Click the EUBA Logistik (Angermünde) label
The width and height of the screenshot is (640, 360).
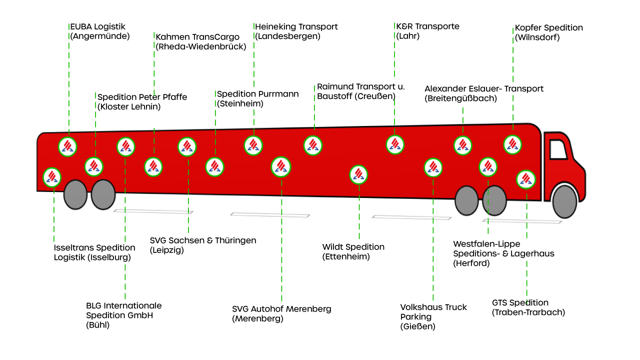pos(98,31)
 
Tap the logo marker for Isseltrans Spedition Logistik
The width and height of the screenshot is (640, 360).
pos(52,176)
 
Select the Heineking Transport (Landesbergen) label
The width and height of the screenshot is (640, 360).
pos(296,31)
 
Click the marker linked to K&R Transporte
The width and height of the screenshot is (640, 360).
pos(395,144)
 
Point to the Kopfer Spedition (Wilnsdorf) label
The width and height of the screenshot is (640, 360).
pos(548,32)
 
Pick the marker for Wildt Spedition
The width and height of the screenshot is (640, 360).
pos(358,174)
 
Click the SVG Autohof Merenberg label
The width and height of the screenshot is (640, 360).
pos(281,313)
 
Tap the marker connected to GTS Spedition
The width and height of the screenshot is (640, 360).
pos(525,179)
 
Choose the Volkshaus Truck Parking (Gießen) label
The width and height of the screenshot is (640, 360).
pos(433,316)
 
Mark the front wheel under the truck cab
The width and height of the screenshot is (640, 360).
pos(565,201)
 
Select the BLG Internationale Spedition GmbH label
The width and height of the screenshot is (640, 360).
pos(123,315)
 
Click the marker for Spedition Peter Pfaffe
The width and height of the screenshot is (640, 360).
pos(94,166)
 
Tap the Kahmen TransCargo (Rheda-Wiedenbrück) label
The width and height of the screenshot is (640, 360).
pos(200,41)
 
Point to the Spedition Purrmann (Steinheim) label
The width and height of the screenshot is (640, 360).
pos(257,98)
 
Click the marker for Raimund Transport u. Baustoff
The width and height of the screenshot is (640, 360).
pos(313,145)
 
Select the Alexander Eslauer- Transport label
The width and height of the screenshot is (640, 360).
pos(483,93)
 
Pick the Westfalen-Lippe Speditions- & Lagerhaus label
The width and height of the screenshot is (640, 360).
pos(503,253)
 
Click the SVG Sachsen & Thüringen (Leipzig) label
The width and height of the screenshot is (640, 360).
pos(202,245)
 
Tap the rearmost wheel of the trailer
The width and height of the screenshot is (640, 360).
pos(76,194)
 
